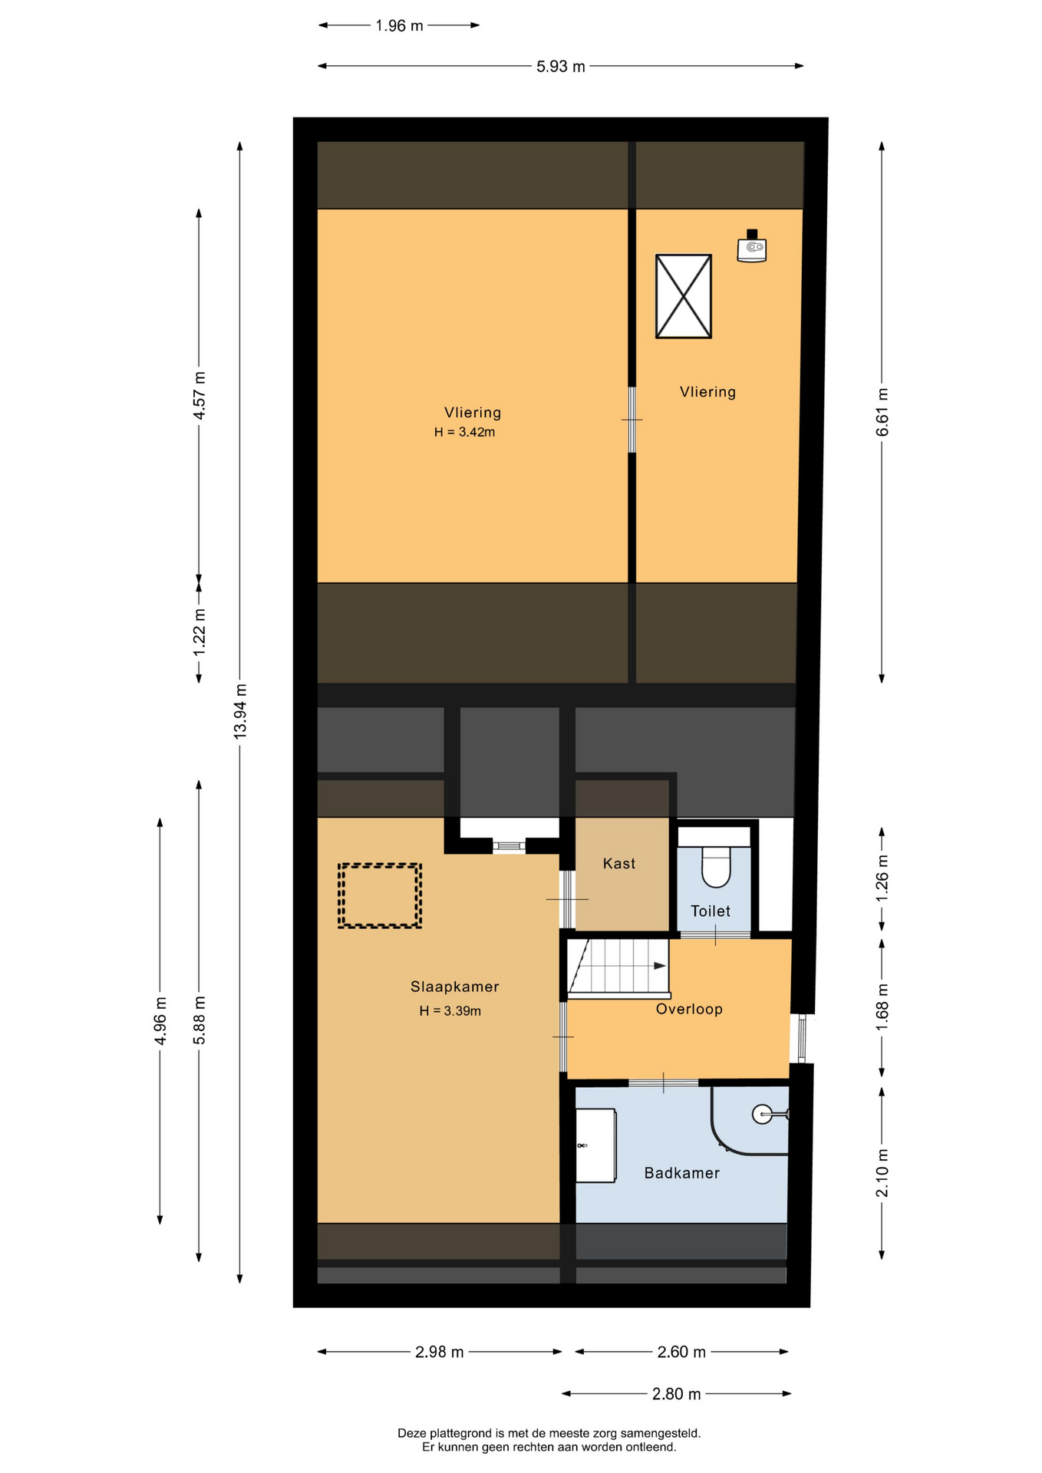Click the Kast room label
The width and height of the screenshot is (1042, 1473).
pos(618,864)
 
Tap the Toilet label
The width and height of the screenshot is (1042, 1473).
pos(710,911)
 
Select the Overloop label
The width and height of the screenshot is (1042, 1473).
pos(689,1010)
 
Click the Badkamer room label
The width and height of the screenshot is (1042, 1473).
pos(681,1173)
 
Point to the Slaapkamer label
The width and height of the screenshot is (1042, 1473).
pos(454,987)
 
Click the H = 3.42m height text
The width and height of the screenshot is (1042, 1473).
pos(464,433)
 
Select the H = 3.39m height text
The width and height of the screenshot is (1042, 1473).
pos(450,1011)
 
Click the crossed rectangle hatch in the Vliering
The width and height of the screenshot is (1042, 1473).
pos(683,296)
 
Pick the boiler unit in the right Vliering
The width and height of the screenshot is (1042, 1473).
pos(752,246)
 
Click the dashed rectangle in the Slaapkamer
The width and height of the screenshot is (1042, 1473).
pos(380,895)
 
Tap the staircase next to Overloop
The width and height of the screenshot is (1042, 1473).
pos(618,968)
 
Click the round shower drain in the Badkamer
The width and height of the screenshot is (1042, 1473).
pos(762,1114)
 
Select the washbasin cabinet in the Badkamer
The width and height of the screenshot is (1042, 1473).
pos(596,1145)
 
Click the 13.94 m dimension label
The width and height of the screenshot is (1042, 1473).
pos(240,711)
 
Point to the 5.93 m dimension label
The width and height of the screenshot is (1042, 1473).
pos(560,67)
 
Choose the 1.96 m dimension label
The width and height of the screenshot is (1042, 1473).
pos(399,26)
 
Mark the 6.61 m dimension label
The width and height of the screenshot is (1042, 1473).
pos(882,412)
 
